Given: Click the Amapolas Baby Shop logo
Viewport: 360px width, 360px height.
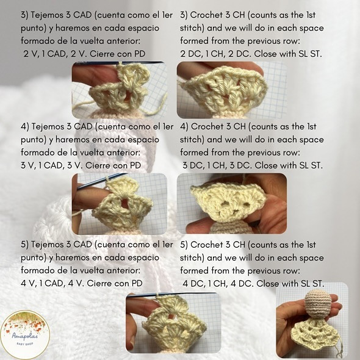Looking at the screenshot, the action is point(25,334).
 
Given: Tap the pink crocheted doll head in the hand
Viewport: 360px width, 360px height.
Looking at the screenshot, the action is point(318,303).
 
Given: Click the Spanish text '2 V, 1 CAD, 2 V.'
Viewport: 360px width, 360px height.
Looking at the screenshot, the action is point(55,54).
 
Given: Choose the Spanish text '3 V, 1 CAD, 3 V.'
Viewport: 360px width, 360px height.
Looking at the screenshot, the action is point(51,165).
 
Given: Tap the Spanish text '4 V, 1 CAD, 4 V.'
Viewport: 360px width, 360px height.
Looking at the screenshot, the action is point(52,283).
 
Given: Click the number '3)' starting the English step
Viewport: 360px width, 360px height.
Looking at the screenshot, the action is point(184,15).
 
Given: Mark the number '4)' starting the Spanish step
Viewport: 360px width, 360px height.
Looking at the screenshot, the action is point(25,126).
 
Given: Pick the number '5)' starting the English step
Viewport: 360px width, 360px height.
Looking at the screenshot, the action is point(184,245).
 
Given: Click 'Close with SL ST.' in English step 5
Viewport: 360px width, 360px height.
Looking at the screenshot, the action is point(290,284).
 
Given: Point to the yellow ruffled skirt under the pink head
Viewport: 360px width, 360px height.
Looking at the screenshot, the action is point(314,336).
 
